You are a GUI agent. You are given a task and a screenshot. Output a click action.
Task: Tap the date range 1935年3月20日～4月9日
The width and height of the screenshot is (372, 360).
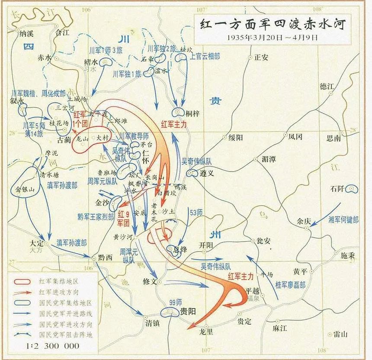click(x=273, y=37)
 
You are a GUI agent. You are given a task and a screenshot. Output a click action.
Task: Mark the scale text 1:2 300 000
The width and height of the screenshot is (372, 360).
click(x=53, y=345)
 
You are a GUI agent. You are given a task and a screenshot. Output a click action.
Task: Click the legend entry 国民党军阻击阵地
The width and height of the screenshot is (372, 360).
click(x=65, y=335)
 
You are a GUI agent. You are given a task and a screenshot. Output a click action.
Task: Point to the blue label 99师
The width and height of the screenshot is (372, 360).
click(x=176, y=303)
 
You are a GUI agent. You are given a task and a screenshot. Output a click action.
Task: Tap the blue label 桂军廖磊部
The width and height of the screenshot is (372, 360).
click(x=290, y=285)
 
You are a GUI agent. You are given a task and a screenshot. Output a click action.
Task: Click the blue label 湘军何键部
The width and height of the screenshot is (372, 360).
click(x=343, y=220)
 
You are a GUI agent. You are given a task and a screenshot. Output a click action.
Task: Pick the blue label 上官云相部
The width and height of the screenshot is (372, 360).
click(x=205, y=56)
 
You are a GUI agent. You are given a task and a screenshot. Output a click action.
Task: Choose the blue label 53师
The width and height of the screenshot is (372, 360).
click(x=196, y=212)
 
